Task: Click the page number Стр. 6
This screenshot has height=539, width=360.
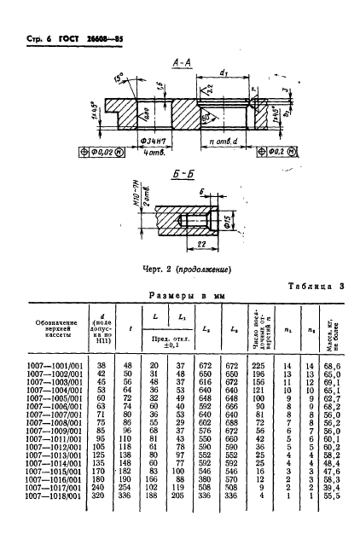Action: (30, 39)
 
